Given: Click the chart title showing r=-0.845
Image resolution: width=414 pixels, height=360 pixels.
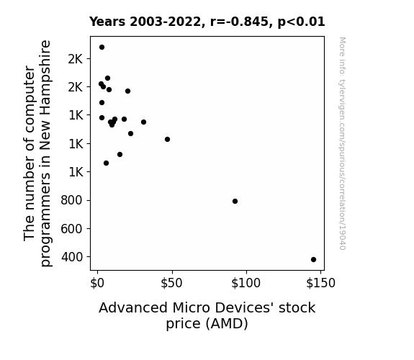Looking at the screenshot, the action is pos(207,22).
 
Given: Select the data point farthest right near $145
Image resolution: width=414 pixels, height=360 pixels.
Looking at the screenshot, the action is pos(313,259).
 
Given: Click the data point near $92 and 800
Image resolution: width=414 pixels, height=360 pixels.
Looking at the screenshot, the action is pos(235,202).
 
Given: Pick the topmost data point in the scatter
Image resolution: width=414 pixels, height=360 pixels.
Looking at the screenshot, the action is pos(102,48).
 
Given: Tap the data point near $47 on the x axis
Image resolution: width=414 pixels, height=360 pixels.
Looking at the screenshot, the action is pos(167,139).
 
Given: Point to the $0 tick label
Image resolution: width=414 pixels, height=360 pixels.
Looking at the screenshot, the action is pos(97,283).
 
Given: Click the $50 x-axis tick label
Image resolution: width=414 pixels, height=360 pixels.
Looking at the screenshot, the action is pos(171,283).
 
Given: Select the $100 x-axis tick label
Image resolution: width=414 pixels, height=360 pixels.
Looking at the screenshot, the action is pos(246,283).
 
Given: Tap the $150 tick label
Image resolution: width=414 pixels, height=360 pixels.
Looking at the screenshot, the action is pos(320,283).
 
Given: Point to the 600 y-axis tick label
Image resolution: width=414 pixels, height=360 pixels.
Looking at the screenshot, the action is pos(71,228).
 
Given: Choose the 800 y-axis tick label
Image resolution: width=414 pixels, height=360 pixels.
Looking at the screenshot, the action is pos(71,200).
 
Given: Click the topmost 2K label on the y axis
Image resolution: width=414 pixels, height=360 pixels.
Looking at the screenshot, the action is pos(76,59).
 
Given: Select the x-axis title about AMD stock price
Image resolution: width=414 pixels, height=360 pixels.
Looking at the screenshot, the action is pos(207,315).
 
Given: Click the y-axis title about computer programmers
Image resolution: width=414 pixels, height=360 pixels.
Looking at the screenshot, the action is pos(37,153).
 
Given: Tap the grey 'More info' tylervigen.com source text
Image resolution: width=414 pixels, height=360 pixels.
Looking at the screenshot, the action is pos(342,143).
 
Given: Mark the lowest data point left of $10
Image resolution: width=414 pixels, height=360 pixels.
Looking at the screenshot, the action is pos(106,163).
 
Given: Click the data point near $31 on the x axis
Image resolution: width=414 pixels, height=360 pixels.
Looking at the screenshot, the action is pos(143,122).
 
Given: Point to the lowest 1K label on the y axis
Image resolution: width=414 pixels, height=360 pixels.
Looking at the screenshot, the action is pos(76,172).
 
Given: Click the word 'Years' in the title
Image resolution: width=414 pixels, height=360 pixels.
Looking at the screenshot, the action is pos(107,22).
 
